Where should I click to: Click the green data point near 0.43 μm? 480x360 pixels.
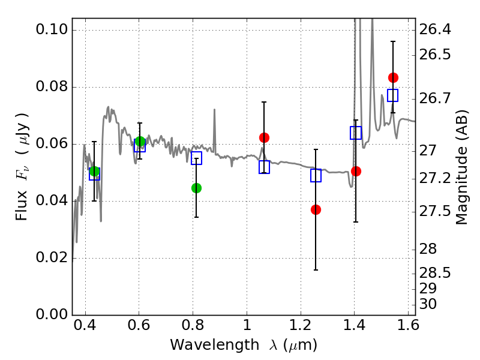94,172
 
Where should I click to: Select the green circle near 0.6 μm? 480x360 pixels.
140,142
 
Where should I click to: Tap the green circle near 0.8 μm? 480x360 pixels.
196,188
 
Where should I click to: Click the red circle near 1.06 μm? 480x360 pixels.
264,137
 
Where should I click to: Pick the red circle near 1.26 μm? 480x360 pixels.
316,209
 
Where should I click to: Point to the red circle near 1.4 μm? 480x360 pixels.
356,171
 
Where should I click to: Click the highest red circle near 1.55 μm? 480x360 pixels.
393,77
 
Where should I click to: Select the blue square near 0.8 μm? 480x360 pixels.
196,158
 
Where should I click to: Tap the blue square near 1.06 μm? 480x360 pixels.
264,167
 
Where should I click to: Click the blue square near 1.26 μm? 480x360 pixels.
316,175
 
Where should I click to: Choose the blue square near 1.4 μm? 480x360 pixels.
356,133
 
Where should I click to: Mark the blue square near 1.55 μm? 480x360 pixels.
393,95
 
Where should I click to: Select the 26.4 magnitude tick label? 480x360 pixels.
437,29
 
